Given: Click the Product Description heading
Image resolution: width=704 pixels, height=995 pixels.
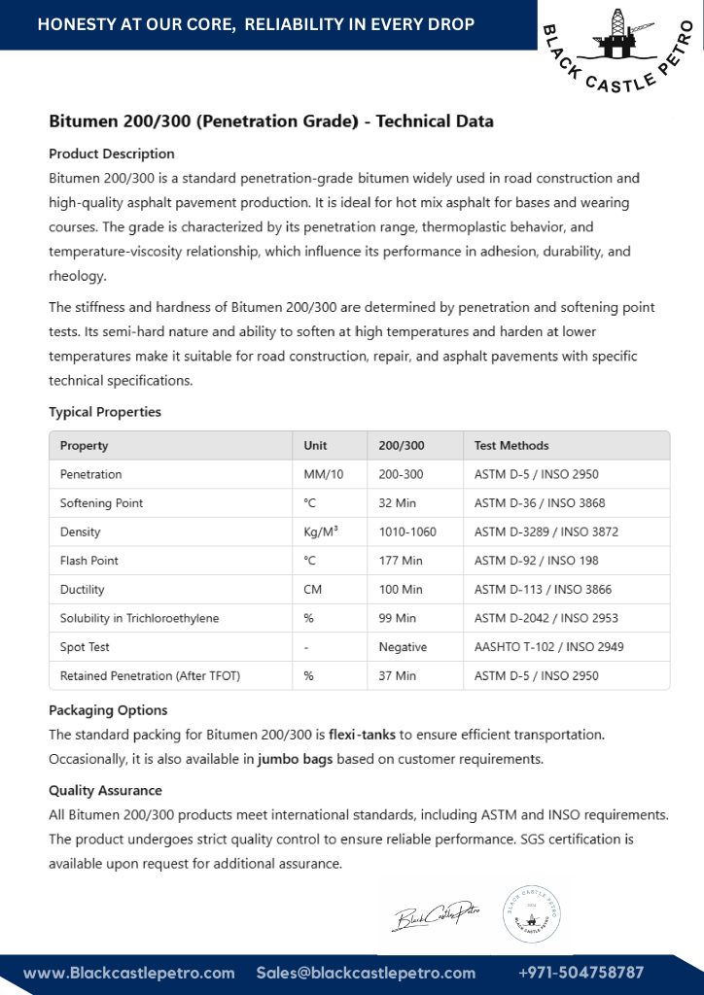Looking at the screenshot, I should point(112,154).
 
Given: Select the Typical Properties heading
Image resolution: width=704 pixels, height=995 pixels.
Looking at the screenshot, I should point(105,412).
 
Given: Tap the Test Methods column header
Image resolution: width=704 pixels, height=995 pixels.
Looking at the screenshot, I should point(511,446).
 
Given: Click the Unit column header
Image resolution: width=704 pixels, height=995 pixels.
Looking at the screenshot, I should point(315,446).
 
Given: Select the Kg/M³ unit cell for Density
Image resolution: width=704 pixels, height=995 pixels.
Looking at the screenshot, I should point(321,532).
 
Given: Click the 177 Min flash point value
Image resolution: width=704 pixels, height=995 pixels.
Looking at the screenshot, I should point(401,561).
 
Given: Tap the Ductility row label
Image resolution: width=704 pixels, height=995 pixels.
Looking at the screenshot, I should point(83,589).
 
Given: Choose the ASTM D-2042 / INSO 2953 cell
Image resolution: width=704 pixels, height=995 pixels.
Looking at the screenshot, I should point(546,618).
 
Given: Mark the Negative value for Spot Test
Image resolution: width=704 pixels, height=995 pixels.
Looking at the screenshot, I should point(403,646).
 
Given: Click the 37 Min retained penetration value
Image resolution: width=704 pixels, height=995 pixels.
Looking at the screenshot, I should point(401,675).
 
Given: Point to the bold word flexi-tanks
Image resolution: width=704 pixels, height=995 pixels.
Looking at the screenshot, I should point(362,735).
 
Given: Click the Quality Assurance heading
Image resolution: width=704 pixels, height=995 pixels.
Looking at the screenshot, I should point(105,791).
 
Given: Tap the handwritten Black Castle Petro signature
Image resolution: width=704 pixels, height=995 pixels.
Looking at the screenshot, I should point(437,914).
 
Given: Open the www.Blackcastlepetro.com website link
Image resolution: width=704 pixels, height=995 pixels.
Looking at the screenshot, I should point(129,973).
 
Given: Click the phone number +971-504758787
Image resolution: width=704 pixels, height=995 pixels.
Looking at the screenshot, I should point(581,973).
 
